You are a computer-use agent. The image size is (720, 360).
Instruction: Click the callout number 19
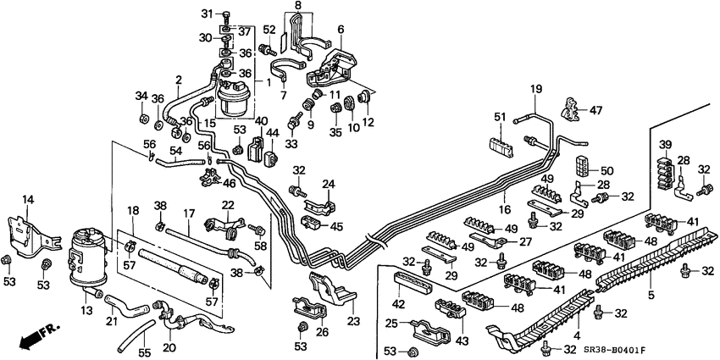point(535,89)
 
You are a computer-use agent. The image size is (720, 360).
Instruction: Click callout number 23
point(352,321)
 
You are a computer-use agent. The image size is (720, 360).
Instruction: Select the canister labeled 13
point(88,250)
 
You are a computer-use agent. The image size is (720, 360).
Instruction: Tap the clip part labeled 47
point(573,108)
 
